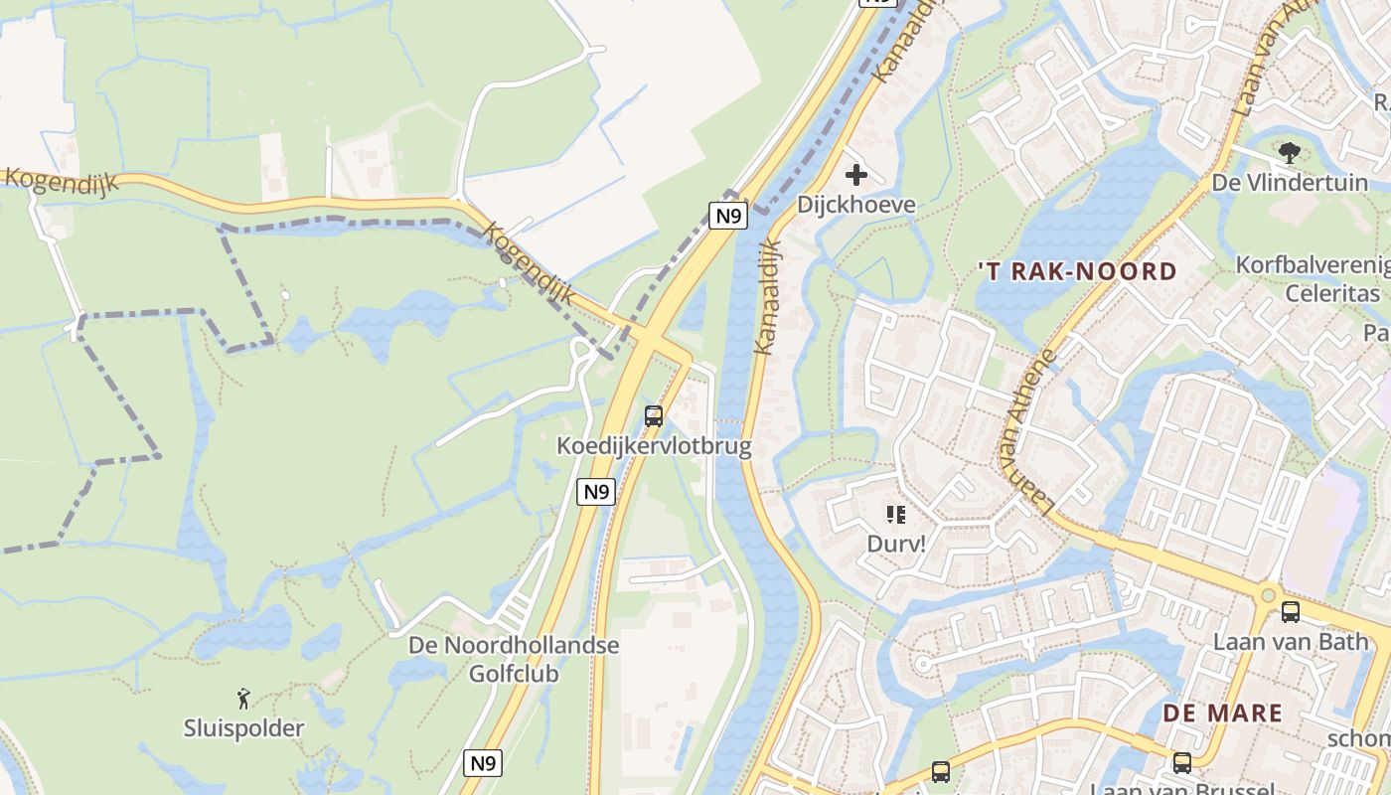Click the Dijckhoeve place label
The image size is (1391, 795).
tap(855, 205)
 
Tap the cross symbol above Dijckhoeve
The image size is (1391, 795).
tap(855, 176)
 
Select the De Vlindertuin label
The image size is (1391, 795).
tap(1290, 183)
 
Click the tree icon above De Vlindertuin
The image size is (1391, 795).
tap(1290, 153)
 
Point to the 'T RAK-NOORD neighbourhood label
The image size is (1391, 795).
tap(1077, 271)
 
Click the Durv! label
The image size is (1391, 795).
tap(896, 544)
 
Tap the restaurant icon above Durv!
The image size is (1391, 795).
tap(896, 515)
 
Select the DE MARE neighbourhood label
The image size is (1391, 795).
tap(1222, 713)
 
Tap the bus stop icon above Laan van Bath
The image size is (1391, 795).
tap(1291, 612)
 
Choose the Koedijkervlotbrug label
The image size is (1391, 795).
tap(654, 446)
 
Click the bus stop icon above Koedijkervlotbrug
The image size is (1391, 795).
tap(654, 416)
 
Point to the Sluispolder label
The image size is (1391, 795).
tap(243, 728)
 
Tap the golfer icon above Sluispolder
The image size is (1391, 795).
tap(243, 699)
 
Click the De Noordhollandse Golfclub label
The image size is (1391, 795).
tap(514, 659)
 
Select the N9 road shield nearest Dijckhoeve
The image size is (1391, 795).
tap(728, 216)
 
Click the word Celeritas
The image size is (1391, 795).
tap(1332, 293)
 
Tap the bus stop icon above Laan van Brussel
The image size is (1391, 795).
tap(1181, 763)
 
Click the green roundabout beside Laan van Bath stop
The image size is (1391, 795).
tap(1268, 596)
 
